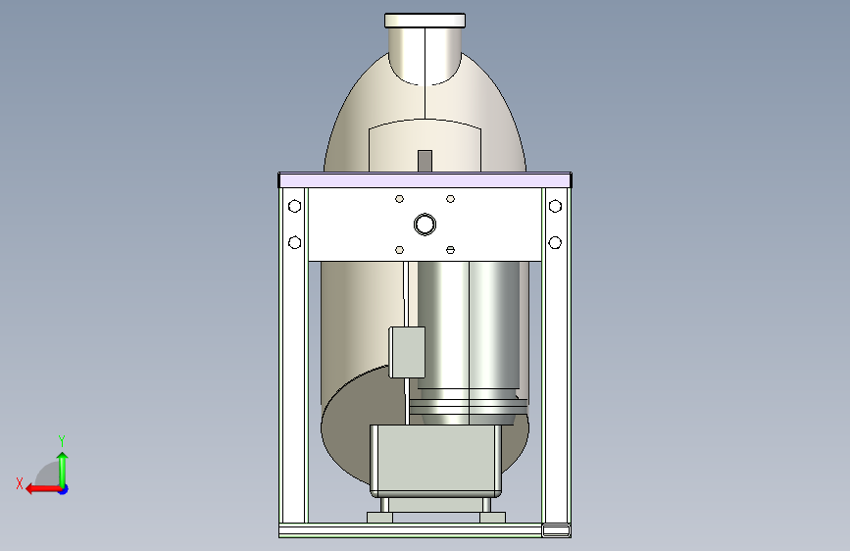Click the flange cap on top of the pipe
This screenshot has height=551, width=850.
point(425,21)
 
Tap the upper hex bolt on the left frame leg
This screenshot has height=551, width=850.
point(294,206)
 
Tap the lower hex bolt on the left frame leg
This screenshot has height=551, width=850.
point(294,242)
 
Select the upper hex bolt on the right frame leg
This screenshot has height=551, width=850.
point(555,206)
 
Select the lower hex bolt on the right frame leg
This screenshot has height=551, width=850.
point(555,242)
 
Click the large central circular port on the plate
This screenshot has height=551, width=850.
point(425,224)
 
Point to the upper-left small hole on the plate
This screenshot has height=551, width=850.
point(400,199)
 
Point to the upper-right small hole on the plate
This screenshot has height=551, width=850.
point(450,199)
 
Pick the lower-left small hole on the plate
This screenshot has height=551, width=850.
point(400,250)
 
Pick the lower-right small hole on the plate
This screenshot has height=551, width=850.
point(450,250)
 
